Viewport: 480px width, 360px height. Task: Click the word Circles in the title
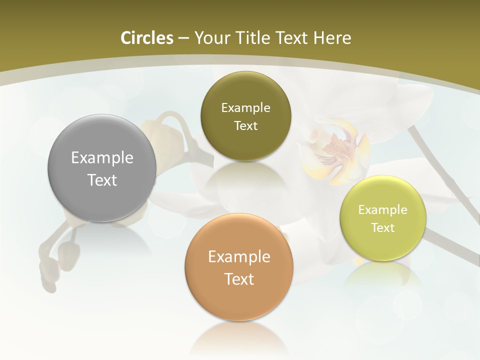[x=147, y=38]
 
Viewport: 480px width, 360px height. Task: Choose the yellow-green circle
[x=382, y=245]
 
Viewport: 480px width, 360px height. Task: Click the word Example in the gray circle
[x=102, y=158]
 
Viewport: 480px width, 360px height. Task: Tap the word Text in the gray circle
[x=102, y=180]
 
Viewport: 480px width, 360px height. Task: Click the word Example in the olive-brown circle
[x=245, y=108]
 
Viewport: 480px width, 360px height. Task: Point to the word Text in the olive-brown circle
[x=245, y=126]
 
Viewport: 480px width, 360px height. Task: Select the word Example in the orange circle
[x=239, y=257]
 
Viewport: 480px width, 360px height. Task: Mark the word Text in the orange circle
[x=239, y=279]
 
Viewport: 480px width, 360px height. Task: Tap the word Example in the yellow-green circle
[x=382, y=210]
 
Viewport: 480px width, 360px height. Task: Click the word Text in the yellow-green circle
[x=382, y=228]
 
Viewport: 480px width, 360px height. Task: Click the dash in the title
[x=183, y=38]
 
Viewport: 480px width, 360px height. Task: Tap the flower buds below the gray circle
[x=60, y=257]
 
